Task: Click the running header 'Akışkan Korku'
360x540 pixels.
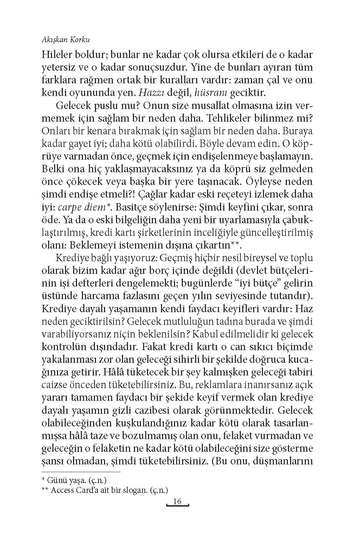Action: pos(66,40)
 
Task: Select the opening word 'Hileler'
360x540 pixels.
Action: pos(58,55)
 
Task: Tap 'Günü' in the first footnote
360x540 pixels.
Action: pos(56,480)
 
